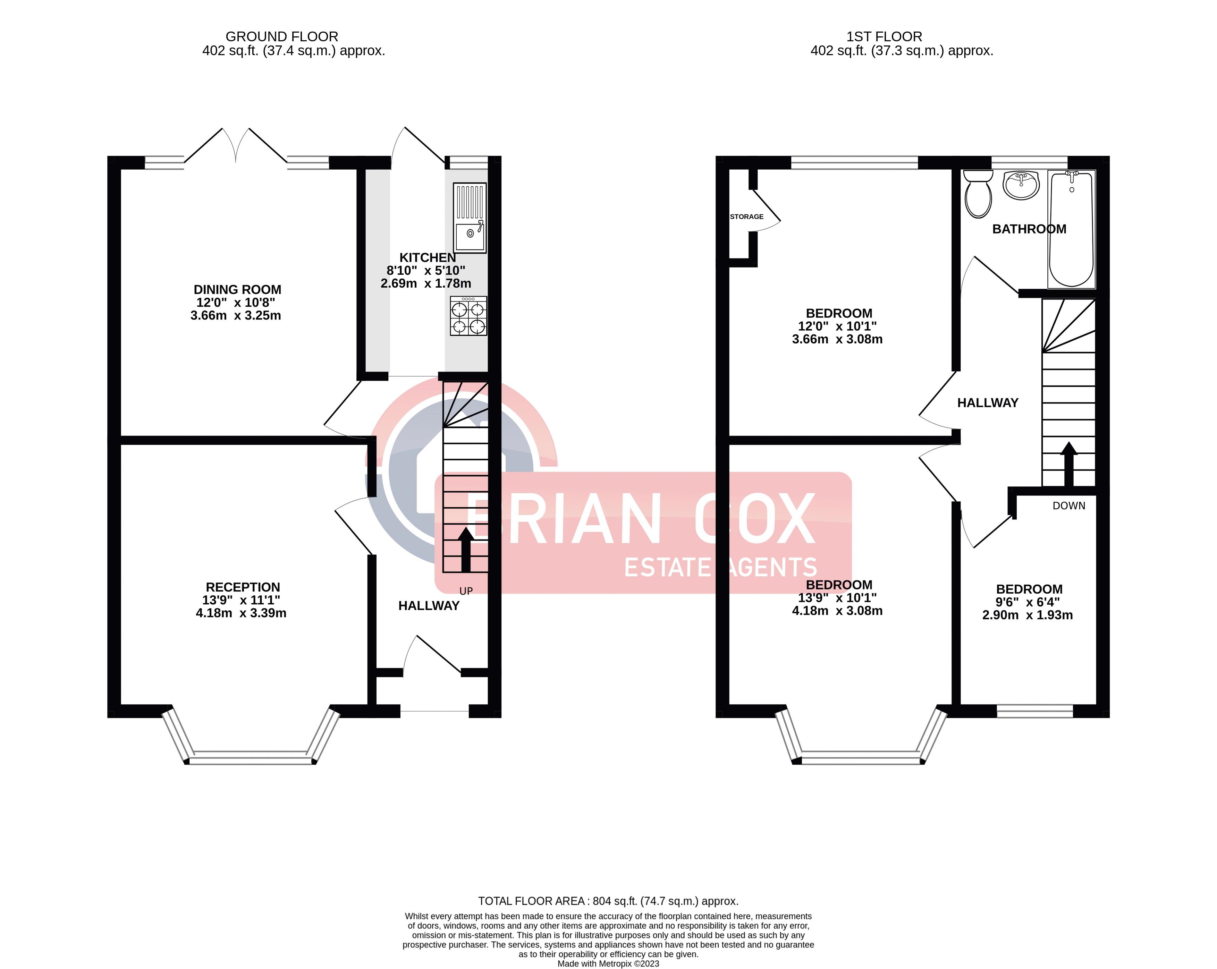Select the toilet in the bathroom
[978, 194]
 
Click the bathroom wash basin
[1021, 186]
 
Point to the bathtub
[1071, 229]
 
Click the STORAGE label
[747, 217]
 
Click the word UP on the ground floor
[466, 591]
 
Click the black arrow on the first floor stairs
[1068, 464]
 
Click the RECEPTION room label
[243, 587]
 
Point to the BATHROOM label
[1029, 229]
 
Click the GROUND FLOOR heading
[282, 37]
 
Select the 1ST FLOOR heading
[884, 37]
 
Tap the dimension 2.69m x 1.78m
[425, 283]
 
